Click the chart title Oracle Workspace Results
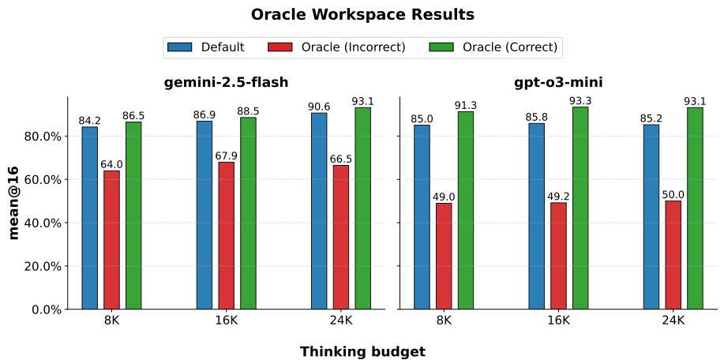click(362, 15)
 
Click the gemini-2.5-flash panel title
click(226, 83)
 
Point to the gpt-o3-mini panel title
click(559, 83)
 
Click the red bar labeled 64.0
click(111, 239)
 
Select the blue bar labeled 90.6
click(319, 211)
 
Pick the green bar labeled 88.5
click(248, 213)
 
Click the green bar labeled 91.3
click(466, 210)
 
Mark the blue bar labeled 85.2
click(651, 216)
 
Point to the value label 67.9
click(226, 156)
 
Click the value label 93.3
click(580, 101)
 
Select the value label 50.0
click(673, 195)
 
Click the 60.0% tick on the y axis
click(45, 180)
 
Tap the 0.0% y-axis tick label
click(47, 309)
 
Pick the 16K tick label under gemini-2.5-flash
click(226, 321)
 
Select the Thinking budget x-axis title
click(362, 352)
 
